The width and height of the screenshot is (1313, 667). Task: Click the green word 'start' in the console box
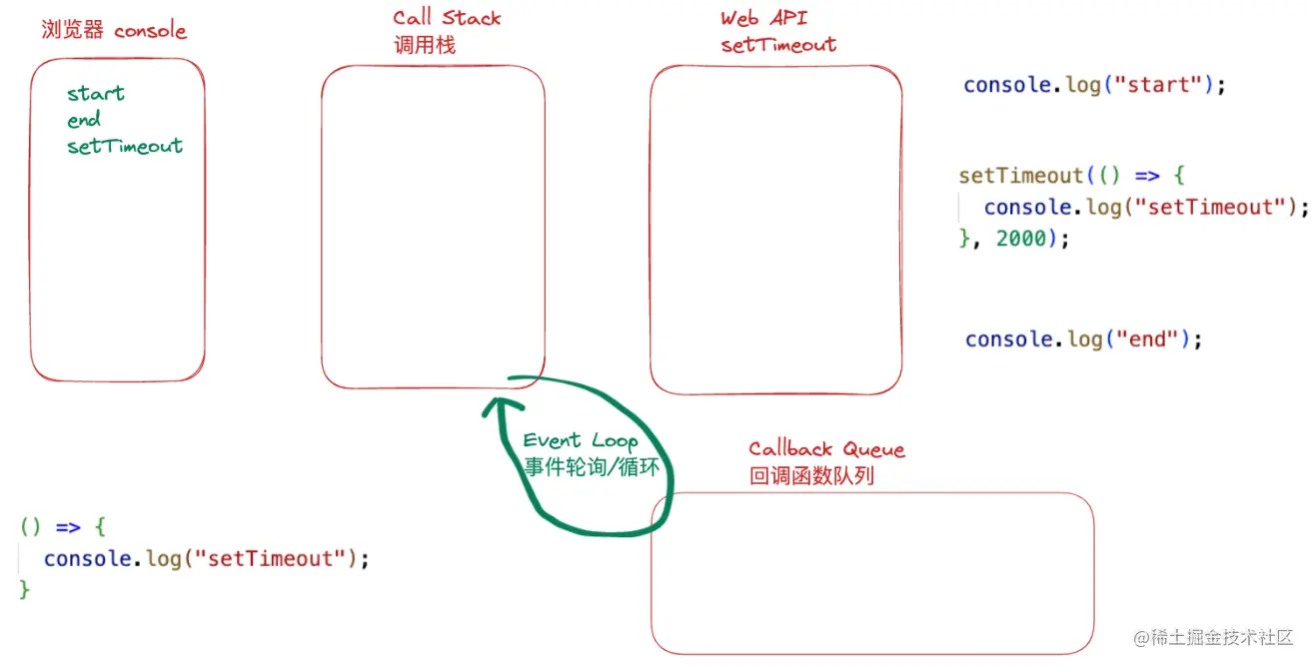pos(96,94)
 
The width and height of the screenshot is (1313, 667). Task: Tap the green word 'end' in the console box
pos(84,120)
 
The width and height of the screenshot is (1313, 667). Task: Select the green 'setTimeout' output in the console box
pos(125,146)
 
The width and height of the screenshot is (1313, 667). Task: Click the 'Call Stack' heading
pos(447,18)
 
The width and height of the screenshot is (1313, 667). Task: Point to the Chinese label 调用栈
pos(424,45)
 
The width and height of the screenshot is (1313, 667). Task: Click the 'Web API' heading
pos(763,19)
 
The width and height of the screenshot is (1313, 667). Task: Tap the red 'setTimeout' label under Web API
pos(778,45)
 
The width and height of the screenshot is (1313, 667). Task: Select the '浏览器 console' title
pos(114,30)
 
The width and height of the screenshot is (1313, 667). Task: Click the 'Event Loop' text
pos(580,440)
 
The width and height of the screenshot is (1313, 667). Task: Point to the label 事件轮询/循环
pos(592,466)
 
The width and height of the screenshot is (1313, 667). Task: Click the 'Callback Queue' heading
pos(826,449)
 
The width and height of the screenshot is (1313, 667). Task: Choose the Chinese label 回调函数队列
pos(811,476)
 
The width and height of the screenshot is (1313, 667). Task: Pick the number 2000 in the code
pos(1021,239)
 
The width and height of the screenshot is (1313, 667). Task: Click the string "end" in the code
pos(1146,339)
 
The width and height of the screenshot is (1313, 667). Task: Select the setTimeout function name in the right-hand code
pos(1020,176)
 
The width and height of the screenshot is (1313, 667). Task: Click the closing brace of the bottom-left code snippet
pos(25,590)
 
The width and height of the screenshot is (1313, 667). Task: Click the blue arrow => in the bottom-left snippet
pos(68,526)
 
